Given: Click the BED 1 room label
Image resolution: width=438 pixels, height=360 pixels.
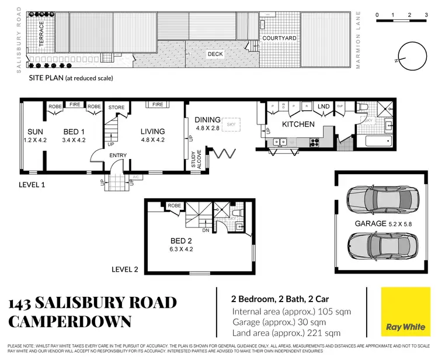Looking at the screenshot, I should click(74, 131).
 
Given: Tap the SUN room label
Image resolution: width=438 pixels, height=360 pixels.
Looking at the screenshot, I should click(32, 131).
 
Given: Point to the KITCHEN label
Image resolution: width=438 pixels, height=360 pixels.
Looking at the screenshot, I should click(298, 124).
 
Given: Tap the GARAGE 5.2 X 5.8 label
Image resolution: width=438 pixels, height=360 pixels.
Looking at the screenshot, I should click(379, 223).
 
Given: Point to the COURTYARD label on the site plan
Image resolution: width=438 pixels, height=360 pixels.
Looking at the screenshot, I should click(279, 38).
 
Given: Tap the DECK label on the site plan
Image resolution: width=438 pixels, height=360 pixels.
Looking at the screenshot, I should click(215, 54).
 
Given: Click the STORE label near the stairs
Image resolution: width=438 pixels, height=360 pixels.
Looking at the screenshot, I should click(117, 108).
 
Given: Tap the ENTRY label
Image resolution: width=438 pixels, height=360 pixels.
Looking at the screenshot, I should click(119, 154).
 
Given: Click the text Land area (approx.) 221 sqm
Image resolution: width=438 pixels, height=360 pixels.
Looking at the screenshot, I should click(286, 334).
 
